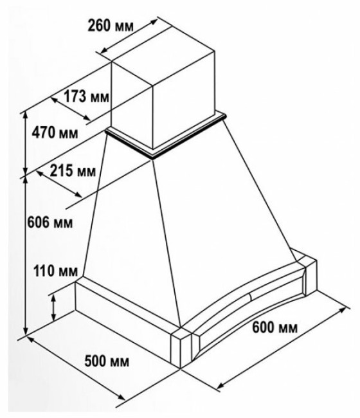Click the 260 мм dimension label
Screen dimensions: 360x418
(110, 26)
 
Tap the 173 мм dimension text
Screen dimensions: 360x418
(87, 96)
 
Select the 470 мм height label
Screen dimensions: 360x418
(55, 132)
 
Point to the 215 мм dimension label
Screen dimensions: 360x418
(73, 170)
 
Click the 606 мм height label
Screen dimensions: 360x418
(50, 222)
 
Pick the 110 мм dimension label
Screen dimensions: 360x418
(56, 271)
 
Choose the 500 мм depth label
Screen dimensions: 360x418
(107, 361)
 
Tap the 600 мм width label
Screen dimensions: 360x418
(274, 327)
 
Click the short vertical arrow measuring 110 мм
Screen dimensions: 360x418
(54, 308)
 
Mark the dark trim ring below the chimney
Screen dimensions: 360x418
(166, 136)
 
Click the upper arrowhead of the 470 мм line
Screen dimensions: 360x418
(26, 114)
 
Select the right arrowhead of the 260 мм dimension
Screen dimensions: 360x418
(154, 22)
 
